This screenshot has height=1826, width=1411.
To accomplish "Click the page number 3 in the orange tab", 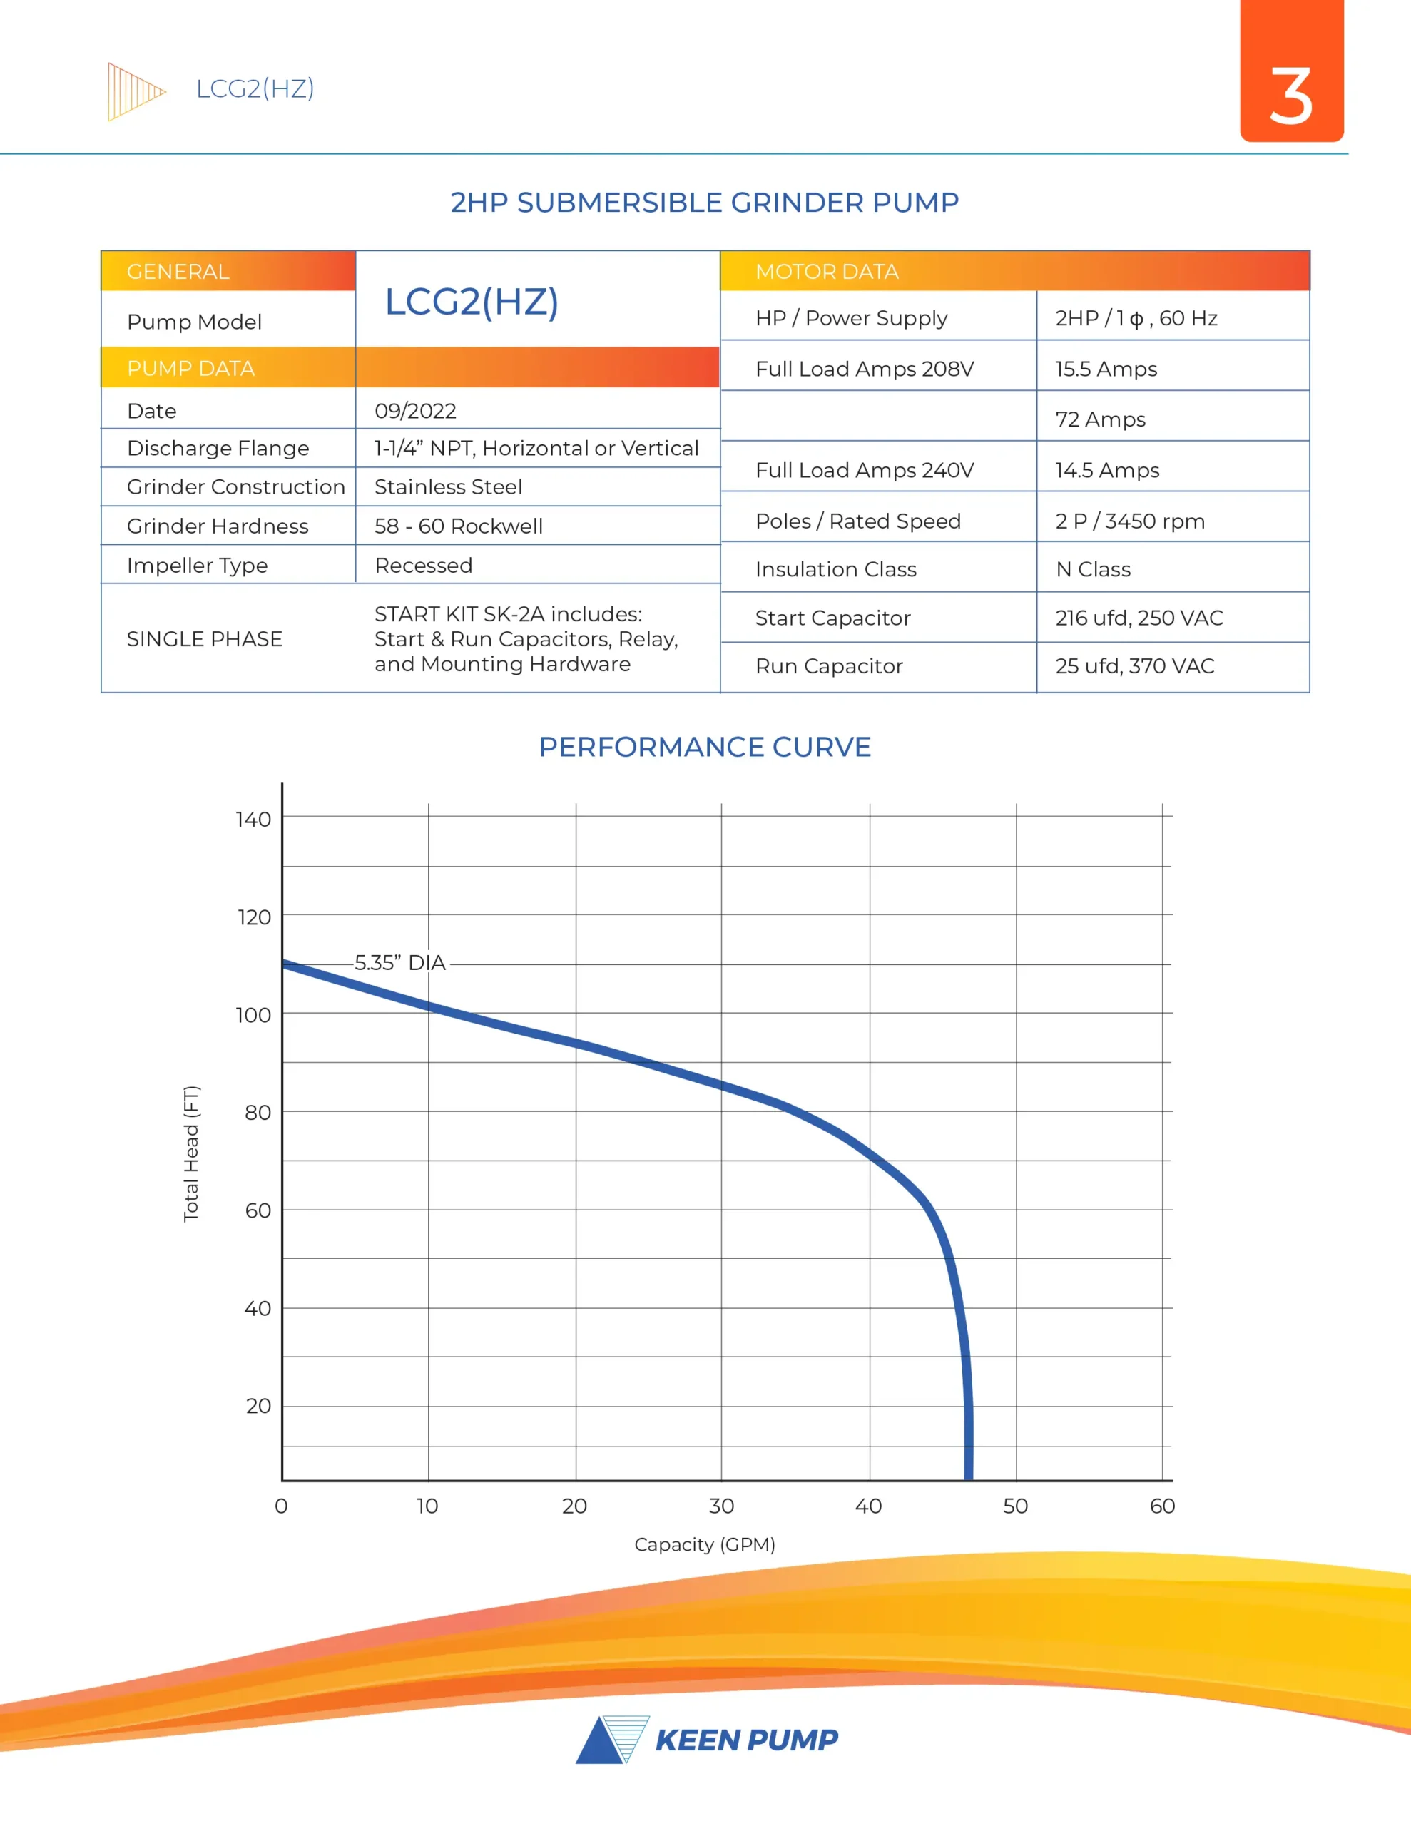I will coord(1290,96).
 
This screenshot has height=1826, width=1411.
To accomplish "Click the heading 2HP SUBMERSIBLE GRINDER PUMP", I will coord(704,203).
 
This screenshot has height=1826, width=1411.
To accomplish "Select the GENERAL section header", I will coord(178,272).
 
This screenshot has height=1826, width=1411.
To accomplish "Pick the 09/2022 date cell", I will coord(416,411).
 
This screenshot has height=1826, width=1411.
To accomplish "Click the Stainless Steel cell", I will coord(448,486).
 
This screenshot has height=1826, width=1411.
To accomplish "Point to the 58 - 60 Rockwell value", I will coord(459,526).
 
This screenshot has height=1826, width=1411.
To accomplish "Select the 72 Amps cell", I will coord(1100,419).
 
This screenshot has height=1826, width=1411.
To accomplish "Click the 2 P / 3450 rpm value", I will coord(1129,521).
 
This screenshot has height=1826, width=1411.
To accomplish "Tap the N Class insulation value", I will coord(1092,569).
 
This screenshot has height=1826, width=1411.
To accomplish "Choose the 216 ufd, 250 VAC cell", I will coord(1139,618).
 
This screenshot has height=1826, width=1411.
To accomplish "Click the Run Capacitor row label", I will coord(829,666).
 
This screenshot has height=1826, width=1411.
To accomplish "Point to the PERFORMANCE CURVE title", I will coord(704,747).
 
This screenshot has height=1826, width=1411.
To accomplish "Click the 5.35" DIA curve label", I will coord(399,962).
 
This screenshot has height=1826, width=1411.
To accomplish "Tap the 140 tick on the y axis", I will coord(253,820).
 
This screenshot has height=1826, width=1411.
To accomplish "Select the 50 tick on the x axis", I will coord(1015,1506).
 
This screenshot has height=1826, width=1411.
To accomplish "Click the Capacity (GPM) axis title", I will coord(704,1544).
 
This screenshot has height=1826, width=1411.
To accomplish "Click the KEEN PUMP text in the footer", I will coord(746,1740).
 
